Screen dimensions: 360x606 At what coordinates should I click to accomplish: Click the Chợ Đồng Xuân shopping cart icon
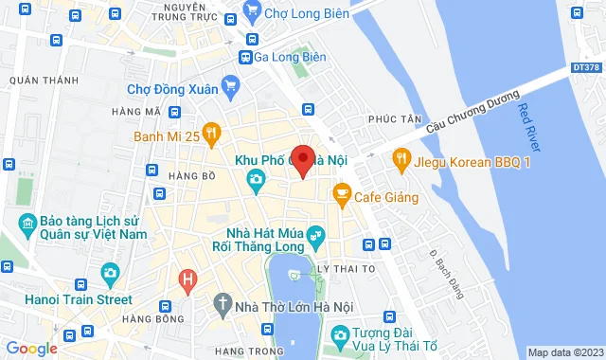point(230,89)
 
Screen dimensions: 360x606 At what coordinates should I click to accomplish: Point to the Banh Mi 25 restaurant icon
point(211,133)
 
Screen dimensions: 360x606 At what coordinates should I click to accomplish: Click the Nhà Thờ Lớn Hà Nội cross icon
point(222,305)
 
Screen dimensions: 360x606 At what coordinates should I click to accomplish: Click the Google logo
point(31,348)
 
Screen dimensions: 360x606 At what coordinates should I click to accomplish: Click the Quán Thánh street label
point(44,81)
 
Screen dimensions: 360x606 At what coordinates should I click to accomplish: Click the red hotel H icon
point(187,279)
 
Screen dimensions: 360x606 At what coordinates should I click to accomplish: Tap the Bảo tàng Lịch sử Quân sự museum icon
point(26,225)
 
